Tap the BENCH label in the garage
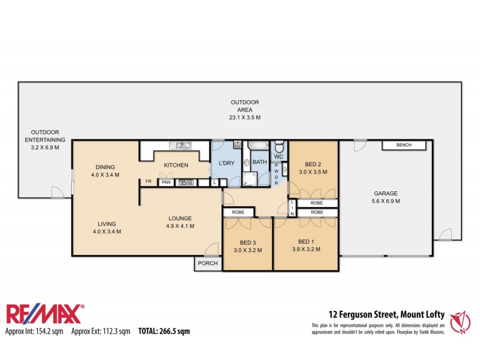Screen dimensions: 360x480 [404, 145]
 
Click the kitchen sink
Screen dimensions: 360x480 [179, 145]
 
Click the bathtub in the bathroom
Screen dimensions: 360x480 [259, 145]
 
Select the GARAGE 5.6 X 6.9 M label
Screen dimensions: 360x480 [386, 197]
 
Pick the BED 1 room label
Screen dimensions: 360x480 [306, 246]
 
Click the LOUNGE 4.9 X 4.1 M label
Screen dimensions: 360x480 [179, 222]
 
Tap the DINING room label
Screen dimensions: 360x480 [105, 171]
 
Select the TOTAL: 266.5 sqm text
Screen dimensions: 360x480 [164, 331]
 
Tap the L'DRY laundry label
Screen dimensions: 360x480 [227, 163]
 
